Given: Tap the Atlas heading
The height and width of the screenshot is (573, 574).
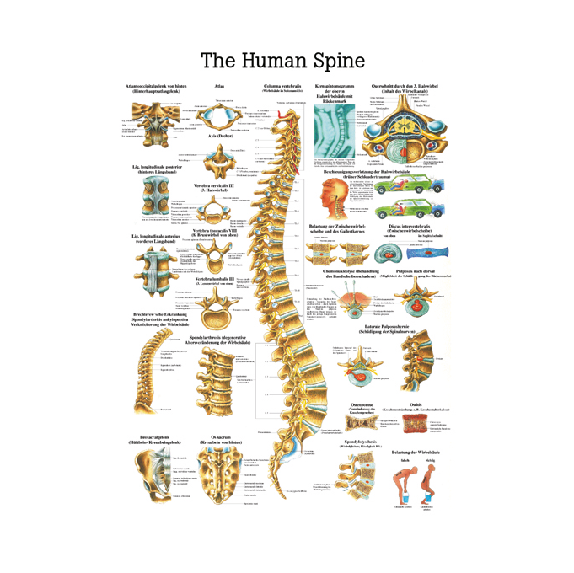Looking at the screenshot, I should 219,86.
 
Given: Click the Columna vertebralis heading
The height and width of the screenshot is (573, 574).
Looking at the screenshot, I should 282,86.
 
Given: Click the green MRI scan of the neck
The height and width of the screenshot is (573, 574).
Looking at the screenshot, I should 336,131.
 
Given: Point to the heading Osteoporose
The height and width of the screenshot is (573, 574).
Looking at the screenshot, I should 362,405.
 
